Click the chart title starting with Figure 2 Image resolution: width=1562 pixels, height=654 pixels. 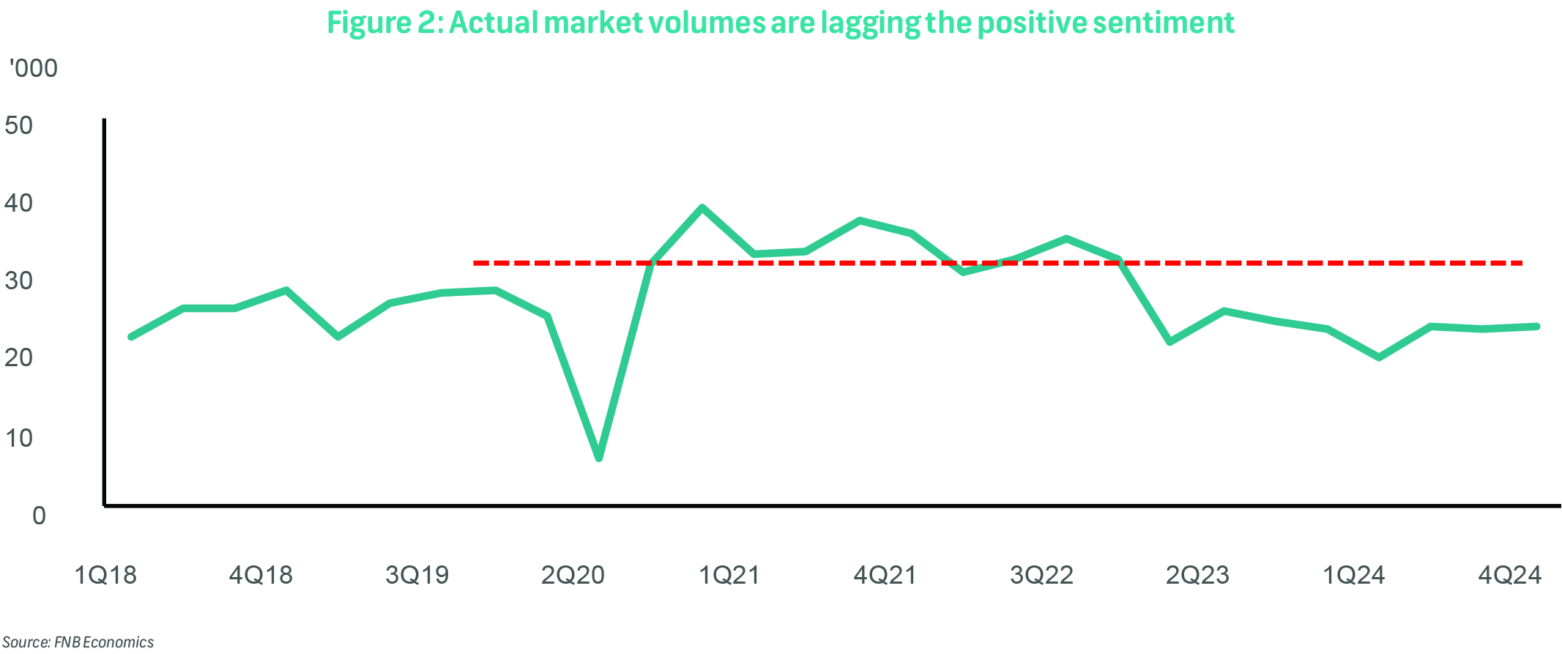tap(780, 23)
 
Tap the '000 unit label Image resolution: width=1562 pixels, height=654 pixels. tap(33, 68)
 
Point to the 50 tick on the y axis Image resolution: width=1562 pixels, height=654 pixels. tap(18, 125)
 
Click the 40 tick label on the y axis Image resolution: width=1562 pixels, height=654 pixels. tap(18, 203)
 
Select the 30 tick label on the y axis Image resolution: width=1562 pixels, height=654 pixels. tap(18, 280)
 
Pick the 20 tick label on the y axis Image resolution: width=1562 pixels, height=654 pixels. tap(18, 358)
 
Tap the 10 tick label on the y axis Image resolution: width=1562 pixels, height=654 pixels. tap(18, 438)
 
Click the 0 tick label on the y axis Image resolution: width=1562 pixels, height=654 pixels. tap(39, 516)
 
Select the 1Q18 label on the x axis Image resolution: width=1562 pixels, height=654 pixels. tap(105, 576)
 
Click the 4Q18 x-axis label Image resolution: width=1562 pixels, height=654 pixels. tap(261, 576)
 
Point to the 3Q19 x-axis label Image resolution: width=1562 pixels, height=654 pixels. tap(417, 576)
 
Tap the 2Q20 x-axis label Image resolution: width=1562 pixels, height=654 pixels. tap(573, 576)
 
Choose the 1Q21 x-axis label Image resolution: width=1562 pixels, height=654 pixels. tap(729, 576)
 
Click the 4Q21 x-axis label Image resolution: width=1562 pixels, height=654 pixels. tap(885, 576)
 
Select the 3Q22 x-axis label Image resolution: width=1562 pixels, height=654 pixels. tap(1041, 576)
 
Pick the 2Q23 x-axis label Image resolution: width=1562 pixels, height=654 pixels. tap(1197, 576)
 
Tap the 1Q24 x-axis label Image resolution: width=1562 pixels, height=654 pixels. tap(1353, 576)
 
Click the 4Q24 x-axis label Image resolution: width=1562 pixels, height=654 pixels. tap(1509, 576)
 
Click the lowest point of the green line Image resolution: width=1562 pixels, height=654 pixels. tap(599, 457)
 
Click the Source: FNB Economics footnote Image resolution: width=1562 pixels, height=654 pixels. tap(78, 642)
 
